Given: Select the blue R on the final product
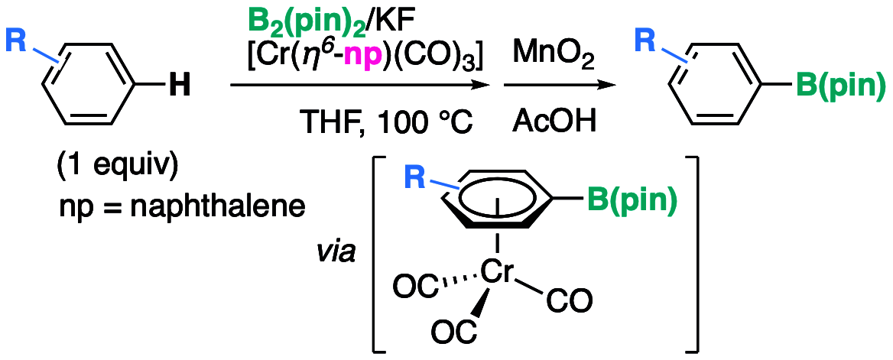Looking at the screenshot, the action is [645, 41].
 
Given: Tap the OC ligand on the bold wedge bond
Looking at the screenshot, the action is [453, 332].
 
